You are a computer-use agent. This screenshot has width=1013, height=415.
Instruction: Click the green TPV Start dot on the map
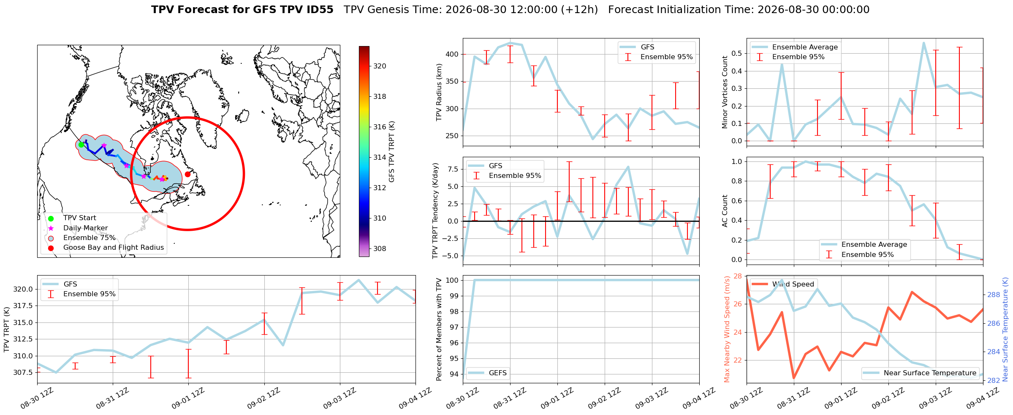pos(81,145)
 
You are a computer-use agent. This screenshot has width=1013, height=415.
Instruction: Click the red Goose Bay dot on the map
pos(187,174)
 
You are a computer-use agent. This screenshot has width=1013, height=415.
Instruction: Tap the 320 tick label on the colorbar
pos(380,66)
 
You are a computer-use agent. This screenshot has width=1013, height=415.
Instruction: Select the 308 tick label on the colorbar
pos(380,248)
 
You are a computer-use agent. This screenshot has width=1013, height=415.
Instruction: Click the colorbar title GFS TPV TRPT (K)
pos(392,151)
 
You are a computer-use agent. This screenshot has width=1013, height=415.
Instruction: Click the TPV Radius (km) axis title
pos(439,92)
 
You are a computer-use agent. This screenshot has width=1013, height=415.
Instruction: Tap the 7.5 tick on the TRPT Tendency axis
pos(454,169)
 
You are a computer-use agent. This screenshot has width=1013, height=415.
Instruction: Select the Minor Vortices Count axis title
pos(725,92)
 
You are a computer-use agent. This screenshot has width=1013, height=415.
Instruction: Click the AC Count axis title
pos(725,211)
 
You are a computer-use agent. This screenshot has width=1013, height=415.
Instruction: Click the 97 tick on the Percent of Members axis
pos(455,327)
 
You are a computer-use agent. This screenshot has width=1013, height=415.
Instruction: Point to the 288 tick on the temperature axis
pos(992,295)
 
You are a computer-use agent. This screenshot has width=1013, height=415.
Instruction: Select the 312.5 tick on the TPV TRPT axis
pos(24,339)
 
